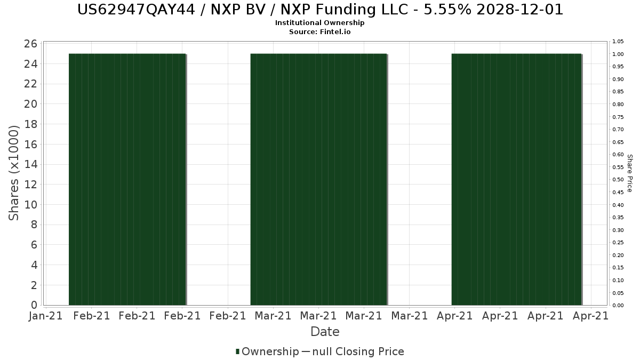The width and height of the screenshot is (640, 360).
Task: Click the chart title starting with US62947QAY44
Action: [320, 10]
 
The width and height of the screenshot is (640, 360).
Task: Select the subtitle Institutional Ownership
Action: [320, 23]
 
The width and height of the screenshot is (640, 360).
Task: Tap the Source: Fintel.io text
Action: [320, 31]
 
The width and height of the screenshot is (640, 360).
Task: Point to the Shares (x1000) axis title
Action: [14, 173]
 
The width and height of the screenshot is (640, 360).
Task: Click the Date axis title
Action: [325, 332]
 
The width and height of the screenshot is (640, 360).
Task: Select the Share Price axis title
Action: [629, 173]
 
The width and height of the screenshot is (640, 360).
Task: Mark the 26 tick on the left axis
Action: [31, 44]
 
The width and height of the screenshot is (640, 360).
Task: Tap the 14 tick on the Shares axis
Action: [31, 164]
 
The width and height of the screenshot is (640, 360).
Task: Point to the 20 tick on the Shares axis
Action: [31, 104]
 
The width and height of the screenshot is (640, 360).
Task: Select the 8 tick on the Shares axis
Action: [34, 225]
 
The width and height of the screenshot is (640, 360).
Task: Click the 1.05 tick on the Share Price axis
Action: [618, 42]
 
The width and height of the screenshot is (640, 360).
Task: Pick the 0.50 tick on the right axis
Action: [618, 180]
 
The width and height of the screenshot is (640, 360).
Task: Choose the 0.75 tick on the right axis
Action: [618, 117]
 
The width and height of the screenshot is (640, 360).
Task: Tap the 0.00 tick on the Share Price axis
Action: [618, 306]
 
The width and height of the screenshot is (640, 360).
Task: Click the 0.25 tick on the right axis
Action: [618, 243]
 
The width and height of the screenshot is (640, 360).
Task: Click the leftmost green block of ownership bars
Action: [127, 179]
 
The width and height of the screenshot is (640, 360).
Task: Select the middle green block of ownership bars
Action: [318, 179]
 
